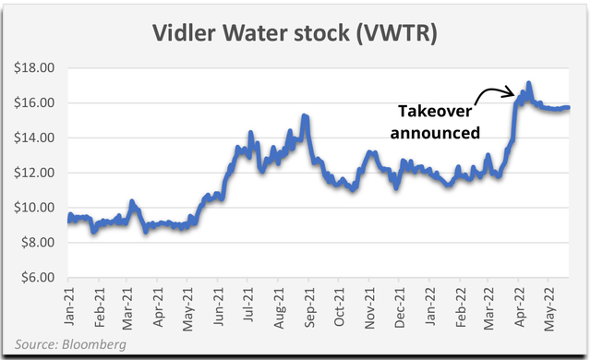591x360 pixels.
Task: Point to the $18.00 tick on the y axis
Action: coord(33,68)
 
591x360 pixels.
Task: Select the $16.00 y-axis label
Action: coord(33,103)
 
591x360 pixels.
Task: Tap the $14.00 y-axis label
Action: coord(33,138)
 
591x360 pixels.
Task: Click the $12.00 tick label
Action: coord(33,173)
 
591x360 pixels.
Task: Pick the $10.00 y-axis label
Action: coord(33,208)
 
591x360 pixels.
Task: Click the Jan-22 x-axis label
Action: coord(431,304)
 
